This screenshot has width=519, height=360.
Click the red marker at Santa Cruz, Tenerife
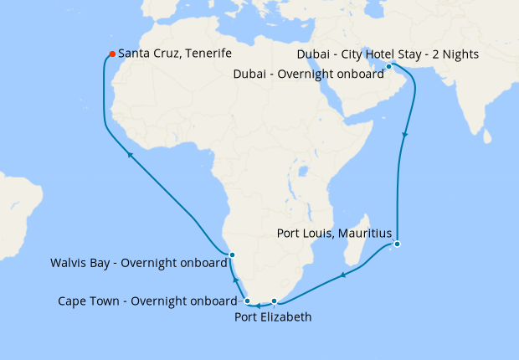pyautogui.click(x=111, y=55)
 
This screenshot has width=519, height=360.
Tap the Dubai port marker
pyautogui.click(x=389, y=66)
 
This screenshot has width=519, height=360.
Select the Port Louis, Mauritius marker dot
pyautogui.click(x=398, y=244)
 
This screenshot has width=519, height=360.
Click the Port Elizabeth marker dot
pyautogui.click(x=275, y=301)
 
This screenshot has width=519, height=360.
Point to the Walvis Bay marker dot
pyautogui.click(x=233, y=255)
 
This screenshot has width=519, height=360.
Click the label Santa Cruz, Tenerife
pyautogui.click(x=174, y=54)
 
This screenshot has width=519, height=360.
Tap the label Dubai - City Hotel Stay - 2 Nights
pyautogui.click(x=388, y=55)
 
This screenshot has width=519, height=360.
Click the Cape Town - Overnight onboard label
pyautogui.click(x=147, y=301)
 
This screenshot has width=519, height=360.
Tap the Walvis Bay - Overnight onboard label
pyautogui.click(x=138, y=263)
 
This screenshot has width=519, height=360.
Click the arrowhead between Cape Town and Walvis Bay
pyautogui.click(x=235, y=281)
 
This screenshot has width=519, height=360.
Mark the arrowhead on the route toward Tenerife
pyautogui.click(x=129, y=154)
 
